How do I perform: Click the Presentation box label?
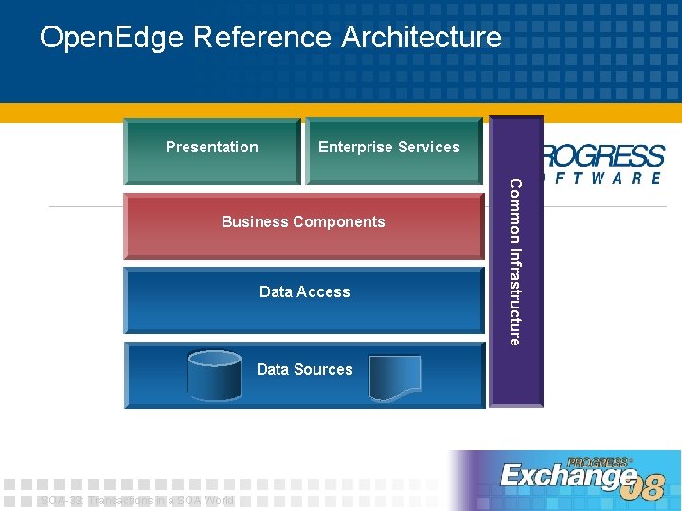[211, 147]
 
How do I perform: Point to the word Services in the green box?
[429, 147]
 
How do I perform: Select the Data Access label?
[304, 291]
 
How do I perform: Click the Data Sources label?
[304, 369]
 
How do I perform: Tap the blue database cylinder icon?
[214, 376]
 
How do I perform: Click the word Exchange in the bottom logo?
[568, 476]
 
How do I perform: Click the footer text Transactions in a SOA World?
[161, 501]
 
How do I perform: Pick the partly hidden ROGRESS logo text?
[604, 155]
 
